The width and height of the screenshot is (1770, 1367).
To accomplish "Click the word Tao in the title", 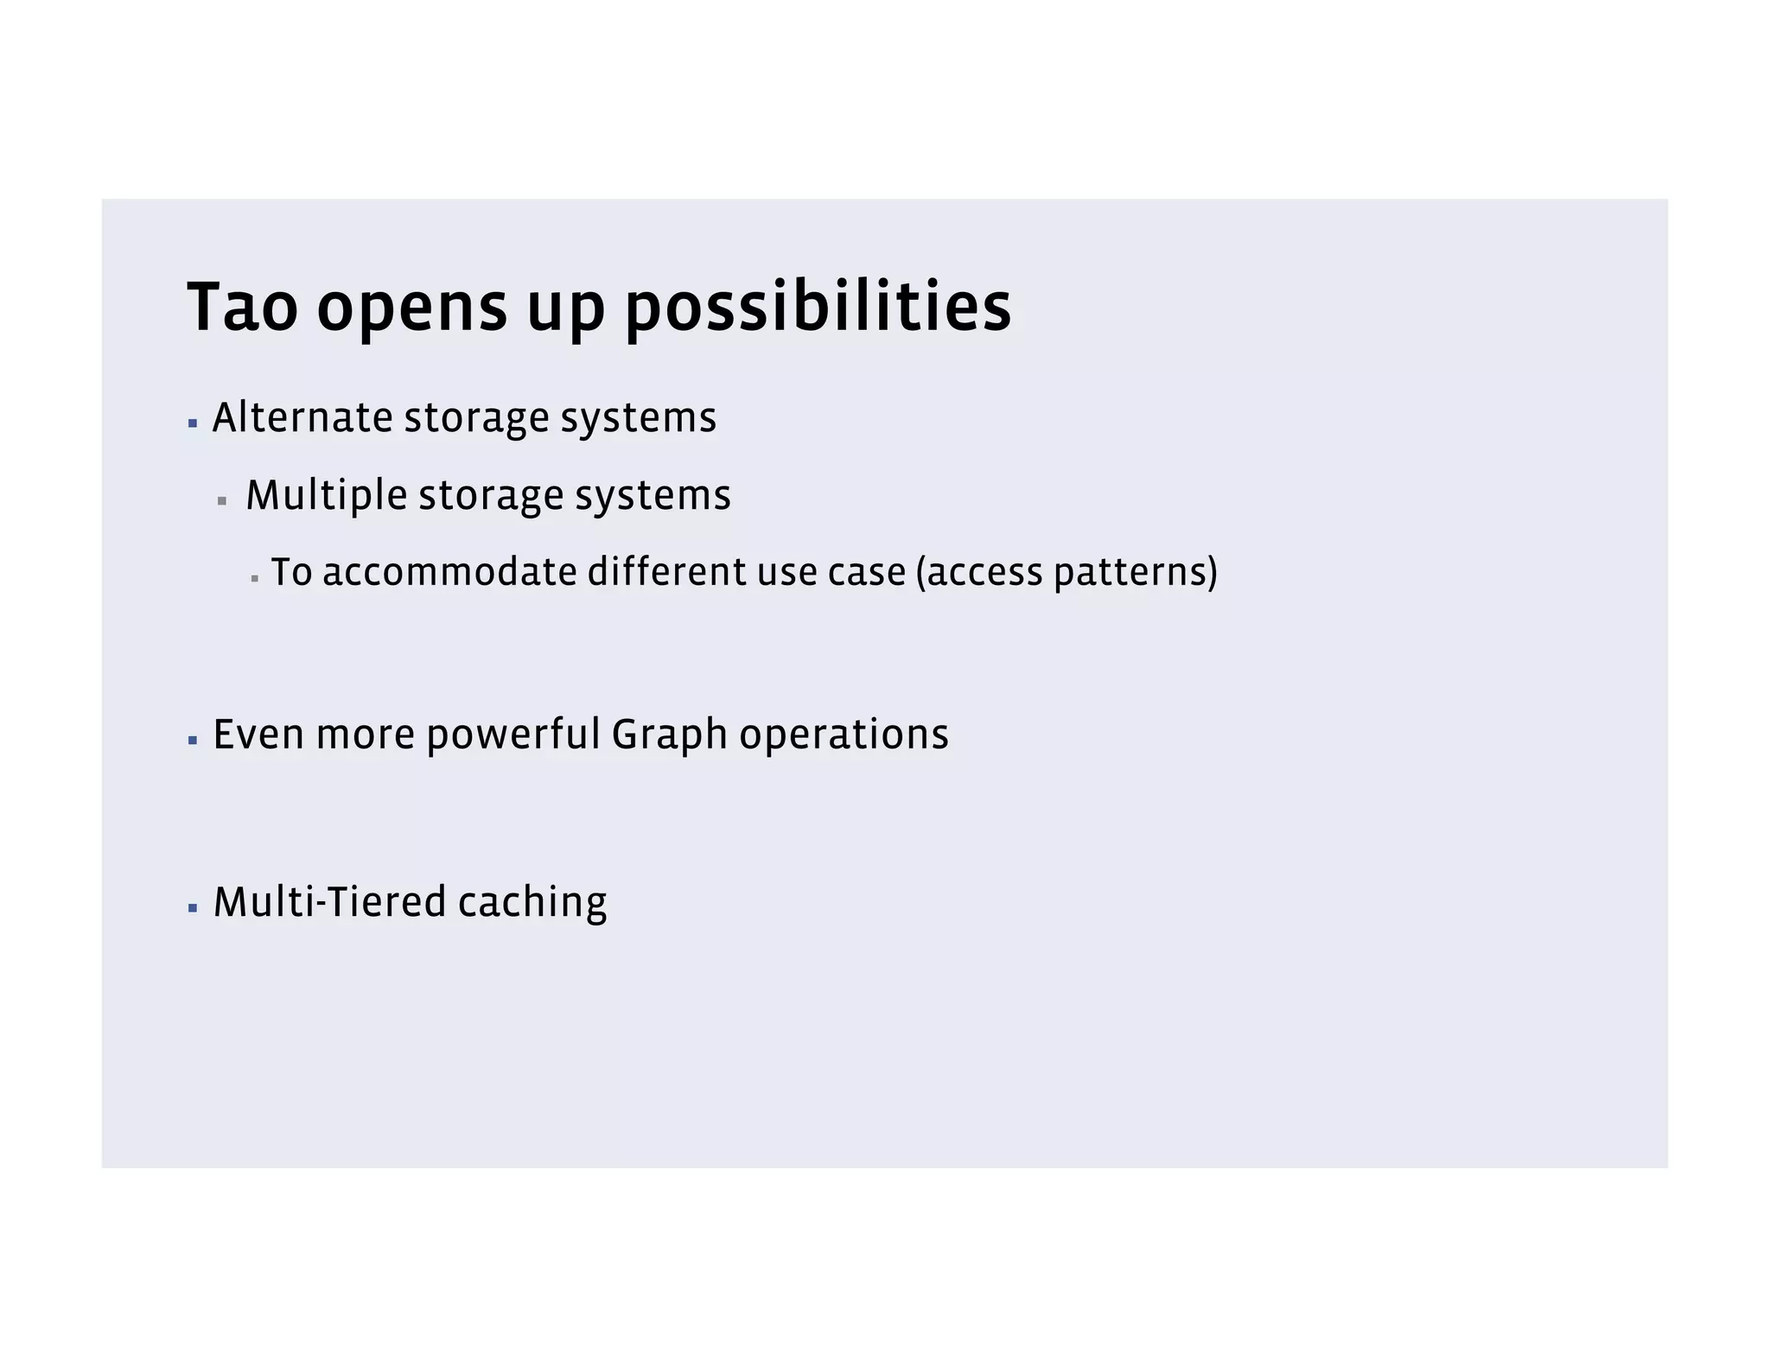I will point(242,307).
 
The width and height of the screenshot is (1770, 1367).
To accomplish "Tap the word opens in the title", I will point(411,309).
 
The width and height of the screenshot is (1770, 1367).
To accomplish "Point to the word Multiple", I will point(326,495).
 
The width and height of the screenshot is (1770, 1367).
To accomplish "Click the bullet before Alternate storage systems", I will point(193,423).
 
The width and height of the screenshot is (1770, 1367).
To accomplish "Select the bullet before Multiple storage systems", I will point(222,501).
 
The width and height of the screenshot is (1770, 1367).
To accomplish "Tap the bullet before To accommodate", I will point(255,578).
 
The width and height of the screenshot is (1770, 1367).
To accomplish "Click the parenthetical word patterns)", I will point(1135,573).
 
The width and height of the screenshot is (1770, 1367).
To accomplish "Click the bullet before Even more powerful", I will point(193,741).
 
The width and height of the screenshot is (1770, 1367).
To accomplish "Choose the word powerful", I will point(513,735).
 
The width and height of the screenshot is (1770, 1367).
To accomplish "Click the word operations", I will point(844,735).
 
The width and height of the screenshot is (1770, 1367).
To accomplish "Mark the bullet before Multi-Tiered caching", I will point(193,908).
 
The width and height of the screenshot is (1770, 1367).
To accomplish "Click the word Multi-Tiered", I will point(329,902).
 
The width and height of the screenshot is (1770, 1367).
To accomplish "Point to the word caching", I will point(532,903).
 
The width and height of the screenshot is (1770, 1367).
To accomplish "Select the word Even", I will point(258,734).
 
